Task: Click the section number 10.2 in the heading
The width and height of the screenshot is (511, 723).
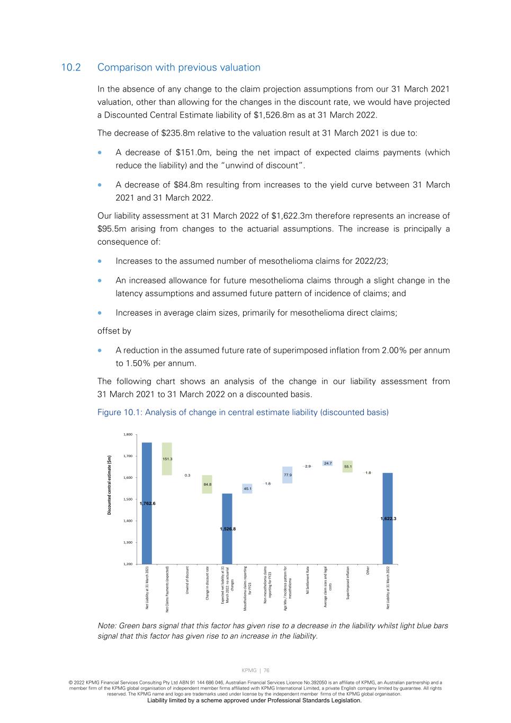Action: tap(70, 68)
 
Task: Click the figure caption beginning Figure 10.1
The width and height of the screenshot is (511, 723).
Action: tap(243, 413)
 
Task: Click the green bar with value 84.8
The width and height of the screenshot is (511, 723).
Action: tap(207, 484)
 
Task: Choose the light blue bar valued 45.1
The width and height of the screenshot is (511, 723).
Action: tap(247, 488)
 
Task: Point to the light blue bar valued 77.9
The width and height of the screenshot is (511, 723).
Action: tap(288, 475)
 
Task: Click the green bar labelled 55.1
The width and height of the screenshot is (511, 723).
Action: tap(347, 467)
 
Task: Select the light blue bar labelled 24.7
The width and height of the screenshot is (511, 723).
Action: tap(328, 463)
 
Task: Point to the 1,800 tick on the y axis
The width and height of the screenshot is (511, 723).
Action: tap(128, 434)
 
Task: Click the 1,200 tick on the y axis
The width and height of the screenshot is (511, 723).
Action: tap(128, 564)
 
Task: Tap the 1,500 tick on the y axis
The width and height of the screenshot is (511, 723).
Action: tap(128, 499)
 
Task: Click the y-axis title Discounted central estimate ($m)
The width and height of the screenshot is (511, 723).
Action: tap(110, 485)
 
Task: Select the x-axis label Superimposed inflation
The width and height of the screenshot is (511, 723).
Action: tap(348, 583)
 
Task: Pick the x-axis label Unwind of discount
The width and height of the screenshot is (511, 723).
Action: tap(187, 580)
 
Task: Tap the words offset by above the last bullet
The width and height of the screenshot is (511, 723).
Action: tap(114, 331)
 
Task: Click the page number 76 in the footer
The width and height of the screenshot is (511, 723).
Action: tap(267, 671)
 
